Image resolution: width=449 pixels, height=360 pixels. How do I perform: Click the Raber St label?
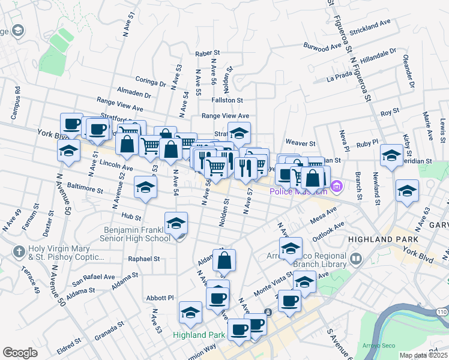coord(208,54)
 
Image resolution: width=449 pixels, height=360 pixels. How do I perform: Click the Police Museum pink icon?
coord(336,187)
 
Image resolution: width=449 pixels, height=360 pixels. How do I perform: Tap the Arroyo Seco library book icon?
coord(357,259)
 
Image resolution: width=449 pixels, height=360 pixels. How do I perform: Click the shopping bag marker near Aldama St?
coord(224,260)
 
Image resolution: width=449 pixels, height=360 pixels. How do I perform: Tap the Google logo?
coord(20,353)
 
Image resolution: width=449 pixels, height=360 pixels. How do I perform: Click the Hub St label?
coord(130,217)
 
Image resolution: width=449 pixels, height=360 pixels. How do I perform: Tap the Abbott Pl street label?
coord(160,298)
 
